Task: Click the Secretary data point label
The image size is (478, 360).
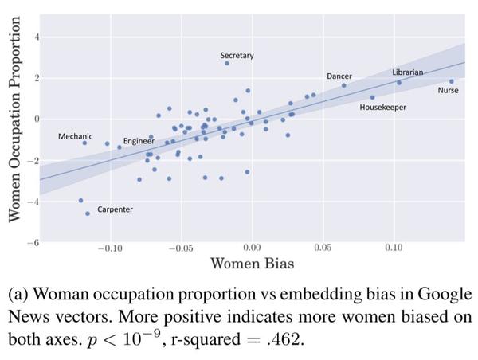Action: pos(237,55)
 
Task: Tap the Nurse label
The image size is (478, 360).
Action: pos(448,90)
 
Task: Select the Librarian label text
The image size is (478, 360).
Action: pos(407,72)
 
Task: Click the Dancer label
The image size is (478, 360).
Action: pos(339,76)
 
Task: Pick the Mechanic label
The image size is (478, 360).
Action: pos(75,137)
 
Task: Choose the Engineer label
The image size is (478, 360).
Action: pos(139,141)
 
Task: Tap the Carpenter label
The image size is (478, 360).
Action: pos(115,209)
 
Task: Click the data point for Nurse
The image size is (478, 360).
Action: pos(451,81)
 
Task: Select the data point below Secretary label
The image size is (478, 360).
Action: pos(227,63)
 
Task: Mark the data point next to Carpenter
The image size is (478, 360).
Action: pos(88,213)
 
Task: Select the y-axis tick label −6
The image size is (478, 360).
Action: pos(33,242)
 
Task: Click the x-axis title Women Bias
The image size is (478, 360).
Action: pos(252,264)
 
